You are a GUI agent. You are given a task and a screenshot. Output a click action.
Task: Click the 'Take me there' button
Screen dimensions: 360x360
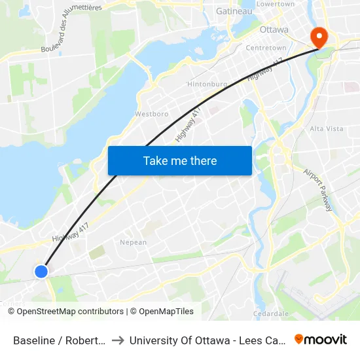tap(180, 160)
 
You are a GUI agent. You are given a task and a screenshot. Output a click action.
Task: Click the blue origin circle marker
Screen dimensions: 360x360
tap(41, 271)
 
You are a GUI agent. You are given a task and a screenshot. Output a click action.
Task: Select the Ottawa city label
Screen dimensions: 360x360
tap(274, 29)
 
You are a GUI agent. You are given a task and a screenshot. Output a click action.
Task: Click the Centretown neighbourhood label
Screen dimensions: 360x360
tap(266, 48)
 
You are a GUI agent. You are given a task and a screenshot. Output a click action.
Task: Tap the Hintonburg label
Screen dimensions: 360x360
tap(207, 84)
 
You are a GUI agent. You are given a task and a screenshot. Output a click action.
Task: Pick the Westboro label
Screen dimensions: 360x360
tap(151, 113)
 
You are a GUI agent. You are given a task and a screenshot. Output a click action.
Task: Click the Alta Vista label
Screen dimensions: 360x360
tap(326, 128)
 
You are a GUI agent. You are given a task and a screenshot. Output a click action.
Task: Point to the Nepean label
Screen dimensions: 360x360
tap(133, 242)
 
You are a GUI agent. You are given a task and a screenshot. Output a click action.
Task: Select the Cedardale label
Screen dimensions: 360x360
tap(270, 314)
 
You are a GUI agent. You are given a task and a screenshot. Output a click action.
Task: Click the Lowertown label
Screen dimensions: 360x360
tap(276, 4)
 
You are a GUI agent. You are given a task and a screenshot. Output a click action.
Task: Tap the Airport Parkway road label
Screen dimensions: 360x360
tap(319, 190)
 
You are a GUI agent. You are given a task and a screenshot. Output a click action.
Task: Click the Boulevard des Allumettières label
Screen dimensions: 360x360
tap(72, 27)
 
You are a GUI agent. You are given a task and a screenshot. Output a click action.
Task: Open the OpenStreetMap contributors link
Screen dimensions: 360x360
tap(70, 312)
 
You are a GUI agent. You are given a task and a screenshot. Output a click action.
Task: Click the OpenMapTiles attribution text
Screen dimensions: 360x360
tap(162, 312)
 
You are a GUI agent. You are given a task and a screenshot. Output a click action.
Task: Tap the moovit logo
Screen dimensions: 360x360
tap(321, 339)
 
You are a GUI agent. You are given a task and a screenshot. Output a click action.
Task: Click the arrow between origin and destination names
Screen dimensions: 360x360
tap(118, 340)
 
